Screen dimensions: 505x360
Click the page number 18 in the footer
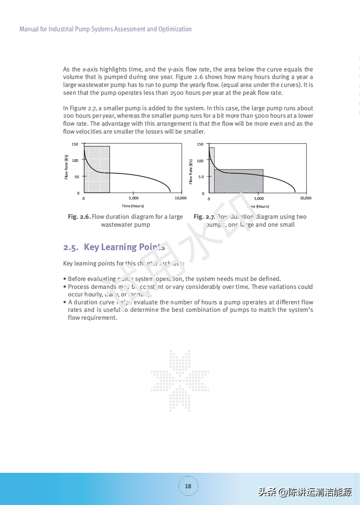188,486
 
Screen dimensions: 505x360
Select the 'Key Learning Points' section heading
124,247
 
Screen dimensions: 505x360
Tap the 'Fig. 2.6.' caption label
79,217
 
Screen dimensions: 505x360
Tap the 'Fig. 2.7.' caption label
204,217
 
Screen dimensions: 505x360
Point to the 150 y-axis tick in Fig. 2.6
75,144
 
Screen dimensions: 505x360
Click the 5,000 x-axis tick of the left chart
133,198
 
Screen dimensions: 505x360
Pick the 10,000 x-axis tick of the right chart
305,198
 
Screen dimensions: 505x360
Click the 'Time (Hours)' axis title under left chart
133,206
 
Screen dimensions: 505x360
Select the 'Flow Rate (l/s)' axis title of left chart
66,167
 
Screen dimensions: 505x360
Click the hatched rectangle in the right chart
238,181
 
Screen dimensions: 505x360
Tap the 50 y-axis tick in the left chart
76,176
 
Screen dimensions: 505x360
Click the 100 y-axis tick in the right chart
200,161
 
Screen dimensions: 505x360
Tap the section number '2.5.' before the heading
71,247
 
